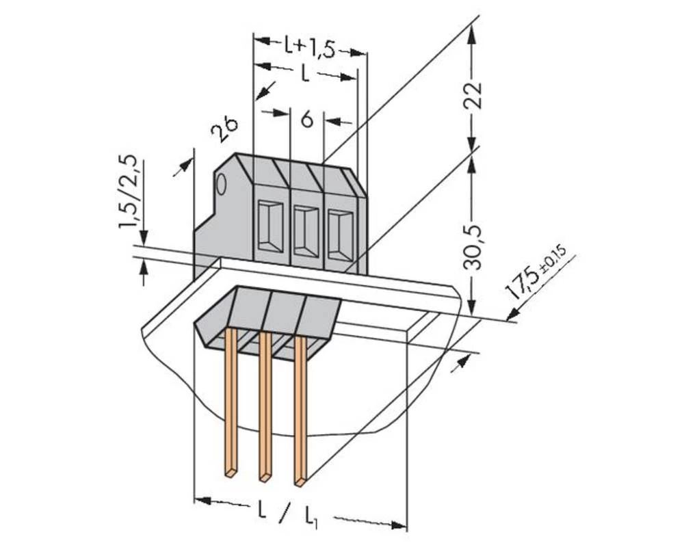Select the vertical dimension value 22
474,96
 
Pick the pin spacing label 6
308,120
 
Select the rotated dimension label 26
224,129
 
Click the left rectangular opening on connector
271,225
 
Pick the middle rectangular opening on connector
305,228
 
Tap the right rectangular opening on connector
339,233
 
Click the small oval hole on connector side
221,185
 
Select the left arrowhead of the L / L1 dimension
202,501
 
